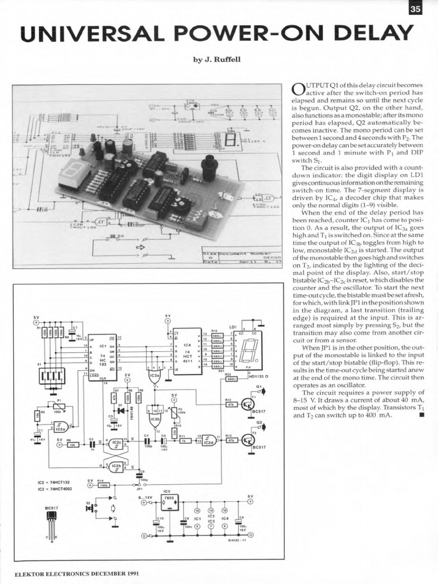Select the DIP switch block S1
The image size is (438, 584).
coord(52,376)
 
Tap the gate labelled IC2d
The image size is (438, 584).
coord(209,440)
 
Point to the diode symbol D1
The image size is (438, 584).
coord(120,410)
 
